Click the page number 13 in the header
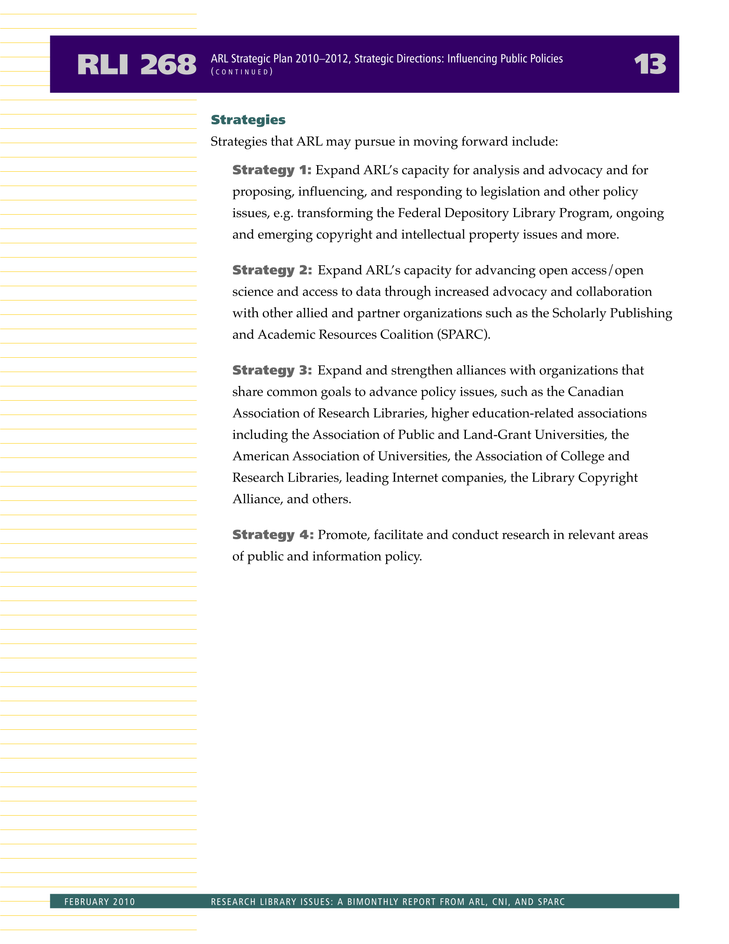649,65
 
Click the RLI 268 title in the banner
136,65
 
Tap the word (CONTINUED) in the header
242,72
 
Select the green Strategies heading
248,120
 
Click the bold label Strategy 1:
272,170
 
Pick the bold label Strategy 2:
272,271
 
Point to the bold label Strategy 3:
272,370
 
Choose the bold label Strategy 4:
273,535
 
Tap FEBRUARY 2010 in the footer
100,901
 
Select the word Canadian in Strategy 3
595,392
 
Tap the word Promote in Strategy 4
344,535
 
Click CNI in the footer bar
500,901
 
